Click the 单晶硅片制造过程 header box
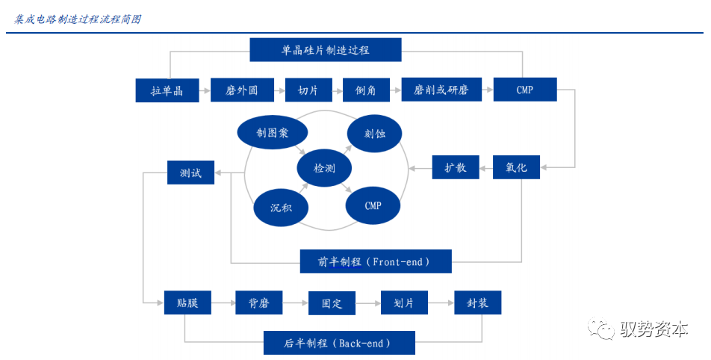click(x=325, y=50)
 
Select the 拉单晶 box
click(x=167, y=90)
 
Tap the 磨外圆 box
click(x=241, y=90)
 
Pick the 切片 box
click(x=308, y=90)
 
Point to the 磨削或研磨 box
click(x=441, y=90)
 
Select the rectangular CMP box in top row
click(x=524, y=90)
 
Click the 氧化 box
click(x=516, y=167)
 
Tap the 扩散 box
click(x=456, y=167)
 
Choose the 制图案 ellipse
click(x=272, y=132)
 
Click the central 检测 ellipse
click(x=324, y=168)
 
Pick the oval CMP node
click(x=373, y=205)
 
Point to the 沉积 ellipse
click(x=281, y=207)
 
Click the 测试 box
click(x=190, y=173)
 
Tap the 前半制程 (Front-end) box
click(x=375, y=261)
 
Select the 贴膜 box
click(x=187, y=302)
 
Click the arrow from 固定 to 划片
click(x=367, y=302)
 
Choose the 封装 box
click(x=478, y=302)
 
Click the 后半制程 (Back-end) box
click(x=338, y=344)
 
